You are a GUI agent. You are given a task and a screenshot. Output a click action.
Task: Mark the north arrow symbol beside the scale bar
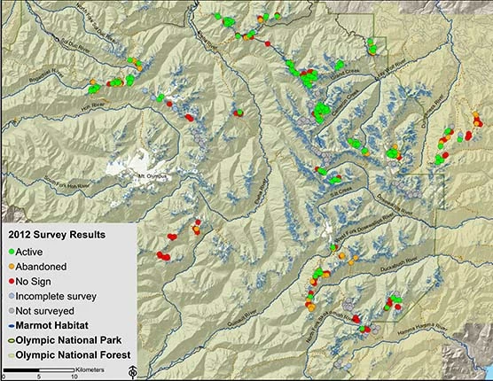click(x=131, y=371)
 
